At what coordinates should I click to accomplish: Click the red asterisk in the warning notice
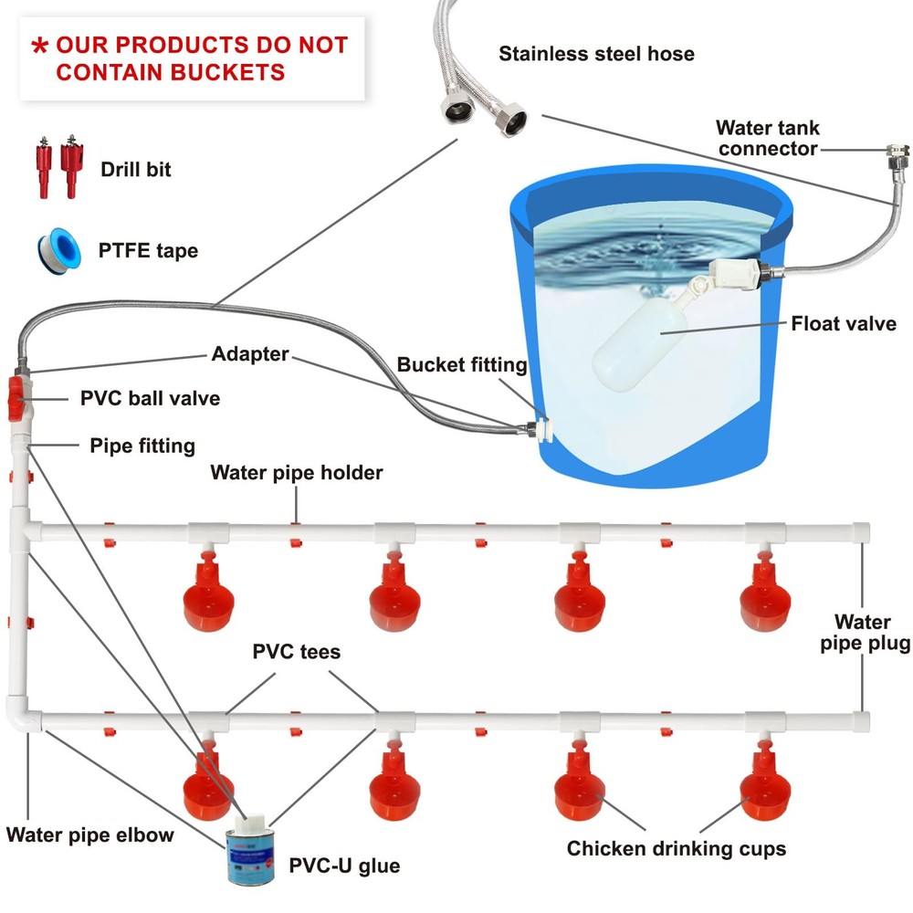pos(39,47)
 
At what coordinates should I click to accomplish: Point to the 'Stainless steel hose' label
pos(596,54)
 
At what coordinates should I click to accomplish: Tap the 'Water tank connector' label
pos(767,138)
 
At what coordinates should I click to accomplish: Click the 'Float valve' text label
pos(844,323)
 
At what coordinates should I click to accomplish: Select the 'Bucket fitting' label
pos(462,365)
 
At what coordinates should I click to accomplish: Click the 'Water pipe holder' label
pos(297,473)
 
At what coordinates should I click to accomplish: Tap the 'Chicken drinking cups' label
pos(677,849)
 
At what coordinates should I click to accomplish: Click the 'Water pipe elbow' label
pos(90,834)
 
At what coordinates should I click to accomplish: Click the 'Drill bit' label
pos(136,169)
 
